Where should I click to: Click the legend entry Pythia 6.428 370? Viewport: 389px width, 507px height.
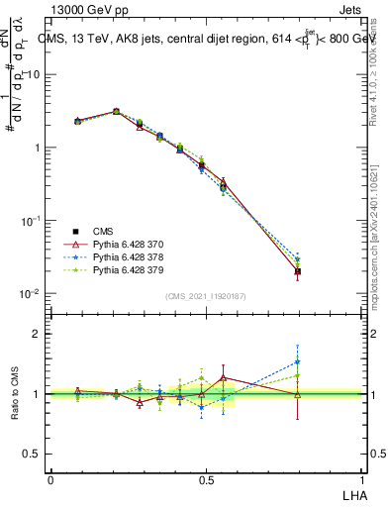126,243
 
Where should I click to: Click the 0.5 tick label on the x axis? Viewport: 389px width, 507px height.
206,479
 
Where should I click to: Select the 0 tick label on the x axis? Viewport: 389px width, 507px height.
50,479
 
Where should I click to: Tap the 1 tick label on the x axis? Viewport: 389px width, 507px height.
362,479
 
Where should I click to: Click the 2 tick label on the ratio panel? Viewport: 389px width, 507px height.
39,334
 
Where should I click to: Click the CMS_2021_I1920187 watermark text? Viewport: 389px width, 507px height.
206,295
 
